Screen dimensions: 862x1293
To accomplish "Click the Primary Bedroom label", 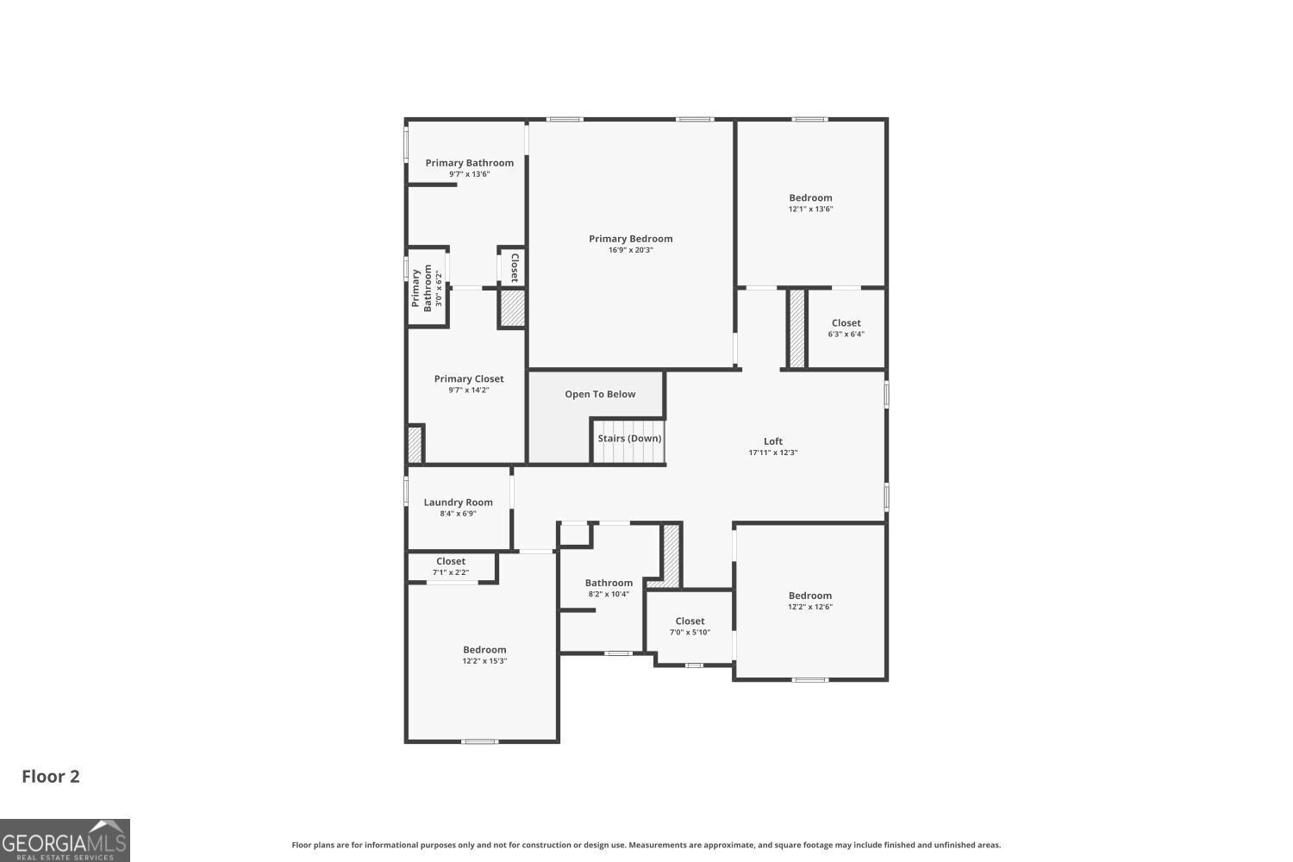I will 630,239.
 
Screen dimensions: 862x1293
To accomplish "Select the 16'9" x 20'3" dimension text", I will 630,251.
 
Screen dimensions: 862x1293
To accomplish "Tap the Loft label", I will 773,441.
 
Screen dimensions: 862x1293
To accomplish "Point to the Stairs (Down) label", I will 629,439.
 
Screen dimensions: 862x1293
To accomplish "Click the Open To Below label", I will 600,394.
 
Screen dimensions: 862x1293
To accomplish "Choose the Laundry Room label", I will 458,503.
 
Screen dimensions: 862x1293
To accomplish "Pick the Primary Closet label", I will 469,378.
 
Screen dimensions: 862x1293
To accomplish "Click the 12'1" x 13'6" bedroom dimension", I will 810,209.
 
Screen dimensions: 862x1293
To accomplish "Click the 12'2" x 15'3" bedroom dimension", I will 484,661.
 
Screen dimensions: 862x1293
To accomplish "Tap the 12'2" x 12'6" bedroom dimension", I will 809,607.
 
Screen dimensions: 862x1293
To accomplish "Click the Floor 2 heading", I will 51,776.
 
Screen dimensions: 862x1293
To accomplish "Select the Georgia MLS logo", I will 65,840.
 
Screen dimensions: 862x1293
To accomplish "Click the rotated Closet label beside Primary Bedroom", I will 515,267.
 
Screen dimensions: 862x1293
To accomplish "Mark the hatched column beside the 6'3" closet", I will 797,328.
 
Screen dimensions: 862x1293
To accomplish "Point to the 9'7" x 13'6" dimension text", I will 469,174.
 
